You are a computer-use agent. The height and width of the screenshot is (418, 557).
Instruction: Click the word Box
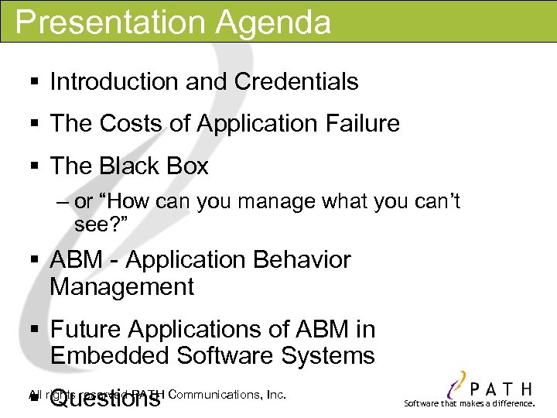pos(189,166)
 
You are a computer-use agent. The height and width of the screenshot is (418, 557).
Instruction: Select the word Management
pos(121,287)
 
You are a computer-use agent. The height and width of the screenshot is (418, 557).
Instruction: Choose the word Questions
pos(105,399)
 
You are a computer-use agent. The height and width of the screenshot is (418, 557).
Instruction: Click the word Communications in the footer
pos(214,394)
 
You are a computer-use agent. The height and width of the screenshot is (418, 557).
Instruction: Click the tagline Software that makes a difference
pos(470,404)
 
